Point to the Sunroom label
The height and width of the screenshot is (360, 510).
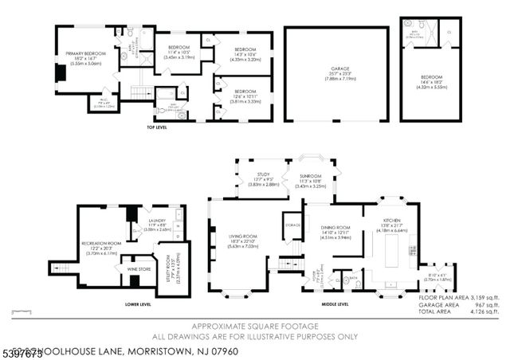310,176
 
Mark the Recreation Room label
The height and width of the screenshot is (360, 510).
100,242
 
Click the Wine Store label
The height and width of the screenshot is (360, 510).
139,269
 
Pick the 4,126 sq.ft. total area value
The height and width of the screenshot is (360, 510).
483,310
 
